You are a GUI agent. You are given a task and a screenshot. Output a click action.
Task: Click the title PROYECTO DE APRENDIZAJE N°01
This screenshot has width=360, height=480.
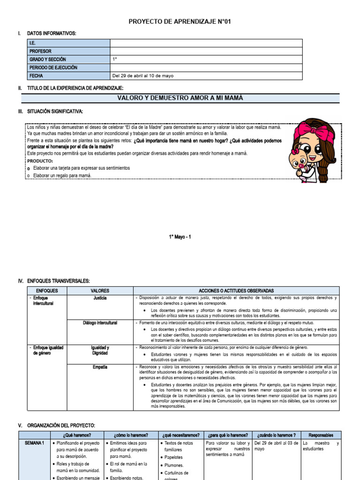(x=180, y=22)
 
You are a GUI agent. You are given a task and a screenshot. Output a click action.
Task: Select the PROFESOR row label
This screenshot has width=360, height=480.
(x=40, y=51)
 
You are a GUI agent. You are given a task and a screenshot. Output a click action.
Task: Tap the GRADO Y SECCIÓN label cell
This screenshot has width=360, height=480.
(x=47, y=60)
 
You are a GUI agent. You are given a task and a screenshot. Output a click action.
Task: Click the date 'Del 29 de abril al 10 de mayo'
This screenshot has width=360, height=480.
(x=142, y=76)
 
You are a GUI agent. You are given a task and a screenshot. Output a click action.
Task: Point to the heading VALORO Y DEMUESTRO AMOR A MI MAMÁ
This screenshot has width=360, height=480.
(x=180, y=98)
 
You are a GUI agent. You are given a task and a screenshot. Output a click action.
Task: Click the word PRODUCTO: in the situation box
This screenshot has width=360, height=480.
(x=40, y=161)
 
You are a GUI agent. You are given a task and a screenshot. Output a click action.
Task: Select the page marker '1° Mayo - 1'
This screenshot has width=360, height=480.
(x=180, y=237)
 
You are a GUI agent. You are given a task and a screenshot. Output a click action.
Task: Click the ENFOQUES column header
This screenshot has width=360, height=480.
(x=47, y=291)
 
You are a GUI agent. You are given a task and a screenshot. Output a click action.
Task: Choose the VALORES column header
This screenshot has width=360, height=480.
(x=99, y=291)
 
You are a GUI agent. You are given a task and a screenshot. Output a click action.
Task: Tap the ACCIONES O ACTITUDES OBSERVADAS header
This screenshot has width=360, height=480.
(x=236, y=291)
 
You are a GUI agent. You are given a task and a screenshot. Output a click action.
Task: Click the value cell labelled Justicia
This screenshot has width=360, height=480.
(x=100, y=298)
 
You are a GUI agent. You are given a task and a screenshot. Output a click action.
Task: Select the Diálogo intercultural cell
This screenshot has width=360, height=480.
(x=100, y=323)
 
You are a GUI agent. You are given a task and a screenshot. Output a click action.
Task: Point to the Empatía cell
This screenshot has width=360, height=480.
(x=100, y=367)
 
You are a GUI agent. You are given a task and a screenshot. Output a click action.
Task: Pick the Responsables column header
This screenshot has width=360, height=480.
(x=321, y=435)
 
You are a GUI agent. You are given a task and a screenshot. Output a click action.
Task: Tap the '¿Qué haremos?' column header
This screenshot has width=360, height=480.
(x=76, y=435)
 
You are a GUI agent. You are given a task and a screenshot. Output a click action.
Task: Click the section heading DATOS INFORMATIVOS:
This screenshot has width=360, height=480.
(x=52, y=33)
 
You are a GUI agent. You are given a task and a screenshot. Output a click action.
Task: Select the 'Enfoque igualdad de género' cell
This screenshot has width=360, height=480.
(x=47, y=350)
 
